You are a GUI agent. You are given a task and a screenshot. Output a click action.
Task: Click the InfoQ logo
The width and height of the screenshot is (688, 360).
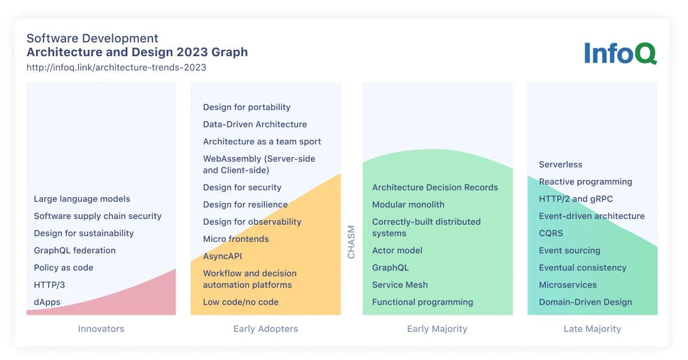tap(620, 53)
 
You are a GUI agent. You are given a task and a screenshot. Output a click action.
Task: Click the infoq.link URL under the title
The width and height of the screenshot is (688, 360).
tap(116, 67)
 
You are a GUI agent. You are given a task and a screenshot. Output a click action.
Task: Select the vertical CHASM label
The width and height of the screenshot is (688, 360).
tap(351, 242)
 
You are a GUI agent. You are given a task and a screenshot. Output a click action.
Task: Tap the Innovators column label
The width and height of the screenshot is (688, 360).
tap(101, 329)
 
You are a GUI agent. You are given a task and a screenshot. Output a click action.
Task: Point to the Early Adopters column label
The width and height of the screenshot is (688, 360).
tap(265, 329)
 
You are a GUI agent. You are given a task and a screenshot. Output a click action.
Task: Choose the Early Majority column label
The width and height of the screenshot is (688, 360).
tap(437, 329)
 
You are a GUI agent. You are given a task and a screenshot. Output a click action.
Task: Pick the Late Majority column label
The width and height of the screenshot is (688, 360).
tap(592, 329)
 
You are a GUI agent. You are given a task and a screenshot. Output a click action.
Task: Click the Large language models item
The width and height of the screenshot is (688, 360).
tap(82, 199)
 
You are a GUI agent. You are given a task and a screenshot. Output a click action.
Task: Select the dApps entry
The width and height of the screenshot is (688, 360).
tap(47, 302)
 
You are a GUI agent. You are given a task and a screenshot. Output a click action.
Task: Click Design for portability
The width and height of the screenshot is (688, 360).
tap(247, 107)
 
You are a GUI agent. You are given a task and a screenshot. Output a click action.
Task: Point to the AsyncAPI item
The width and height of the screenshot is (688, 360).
tap(222, 256)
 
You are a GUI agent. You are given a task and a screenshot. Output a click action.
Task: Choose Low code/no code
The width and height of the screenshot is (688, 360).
tap(241, 302)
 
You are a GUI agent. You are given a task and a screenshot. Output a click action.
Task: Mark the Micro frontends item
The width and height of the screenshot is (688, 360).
tap(236, 239)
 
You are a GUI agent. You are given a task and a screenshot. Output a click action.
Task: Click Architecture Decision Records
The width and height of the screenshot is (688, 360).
tap(435, 187)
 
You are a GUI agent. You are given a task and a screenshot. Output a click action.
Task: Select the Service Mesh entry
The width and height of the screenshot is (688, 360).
tap(400, 285)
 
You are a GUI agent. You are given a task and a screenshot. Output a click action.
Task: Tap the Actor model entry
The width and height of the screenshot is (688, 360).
tap(397, 251)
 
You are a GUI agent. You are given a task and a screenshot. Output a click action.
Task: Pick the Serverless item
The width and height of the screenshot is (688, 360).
tap(560, 165)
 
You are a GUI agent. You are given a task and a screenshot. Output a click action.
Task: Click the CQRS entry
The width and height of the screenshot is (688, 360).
tap(551, 233)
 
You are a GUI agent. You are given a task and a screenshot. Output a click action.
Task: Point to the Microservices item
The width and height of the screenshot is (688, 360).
tap(568, 285)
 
